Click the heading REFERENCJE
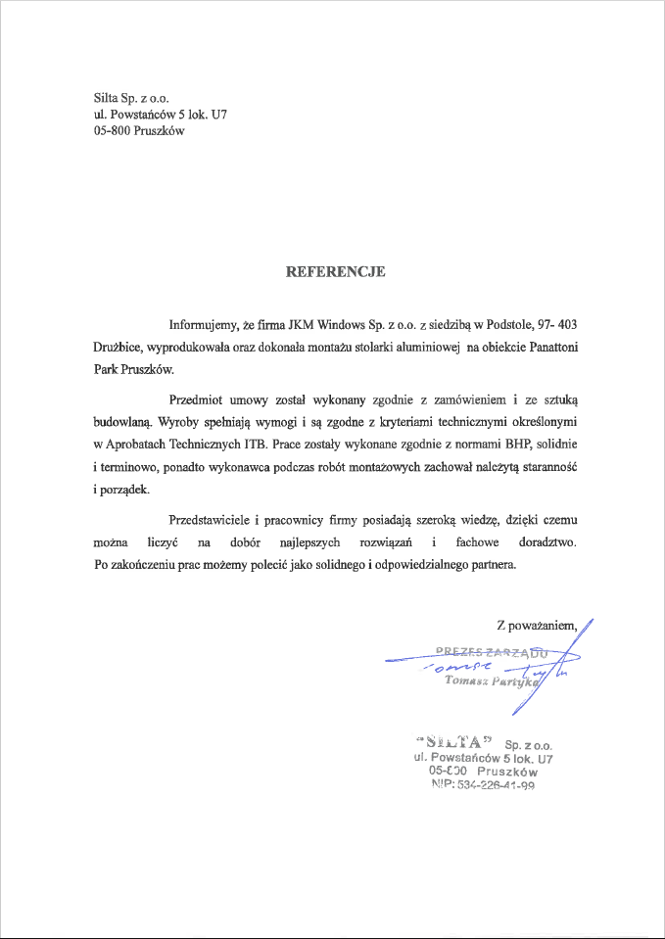pyautogui.click(x=335, y=271)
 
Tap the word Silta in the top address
pyautogui.click(x=108, y=98)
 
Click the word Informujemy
pyautogui.click(x=203, y=324)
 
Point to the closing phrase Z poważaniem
pyautogui.click(x=539, y=625)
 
